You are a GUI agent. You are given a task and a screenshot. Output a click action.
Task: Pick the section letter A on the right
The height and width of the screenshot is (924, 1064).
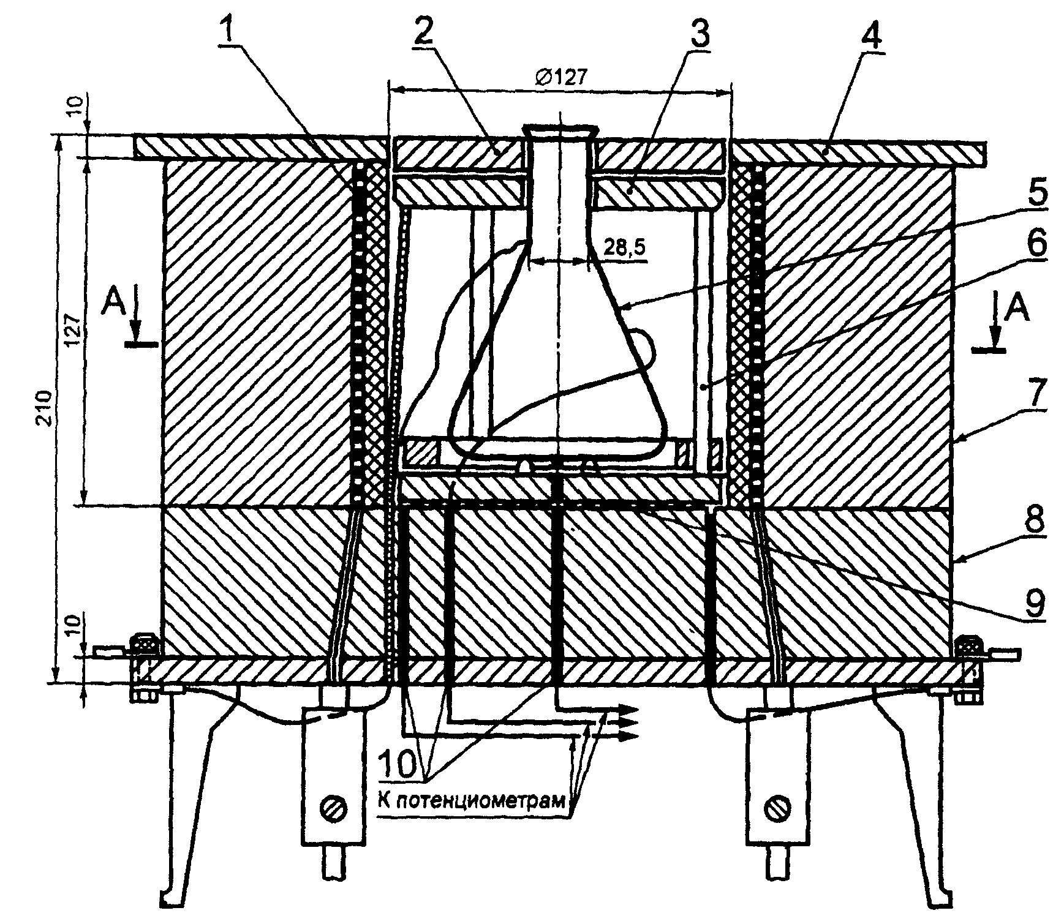pyautogui.click(x=1016, y=310)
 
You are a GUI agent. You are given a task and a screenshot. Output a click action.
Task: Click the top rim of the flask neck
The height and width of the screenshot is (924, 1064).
pyautogui.click(x=560, y=130)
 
